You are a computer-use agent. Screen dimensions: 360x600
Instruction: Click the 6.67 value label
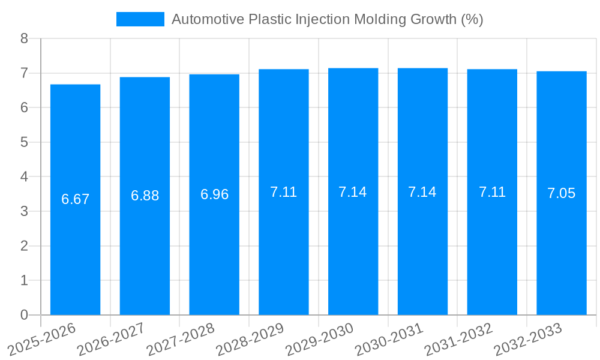75,199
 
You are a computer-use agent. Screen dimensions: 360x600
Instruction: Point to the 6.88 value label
145,196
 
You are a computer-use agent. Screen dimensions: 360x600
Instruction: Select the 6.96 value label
214,194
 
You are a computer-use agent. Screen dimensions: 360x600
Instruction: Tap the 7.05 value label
561,193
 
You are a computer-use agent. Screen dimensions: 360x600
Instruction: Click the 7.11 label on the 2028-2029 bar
283,192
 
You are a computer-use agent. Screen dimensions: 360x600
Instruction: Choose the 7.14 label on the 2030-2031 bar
422,192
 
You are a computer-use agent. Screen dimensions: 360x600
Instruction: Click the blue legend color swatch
140,19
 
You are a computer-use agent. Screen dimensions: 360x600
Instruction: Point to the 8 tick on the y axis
24,38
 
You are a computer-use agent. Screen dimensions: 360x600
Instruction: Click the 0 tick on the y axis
24,315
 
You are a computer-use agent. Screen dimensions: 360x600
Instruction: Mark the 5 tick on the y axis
24,142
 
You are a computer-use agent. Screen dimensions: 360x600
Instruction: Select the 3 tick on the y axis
24,211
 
